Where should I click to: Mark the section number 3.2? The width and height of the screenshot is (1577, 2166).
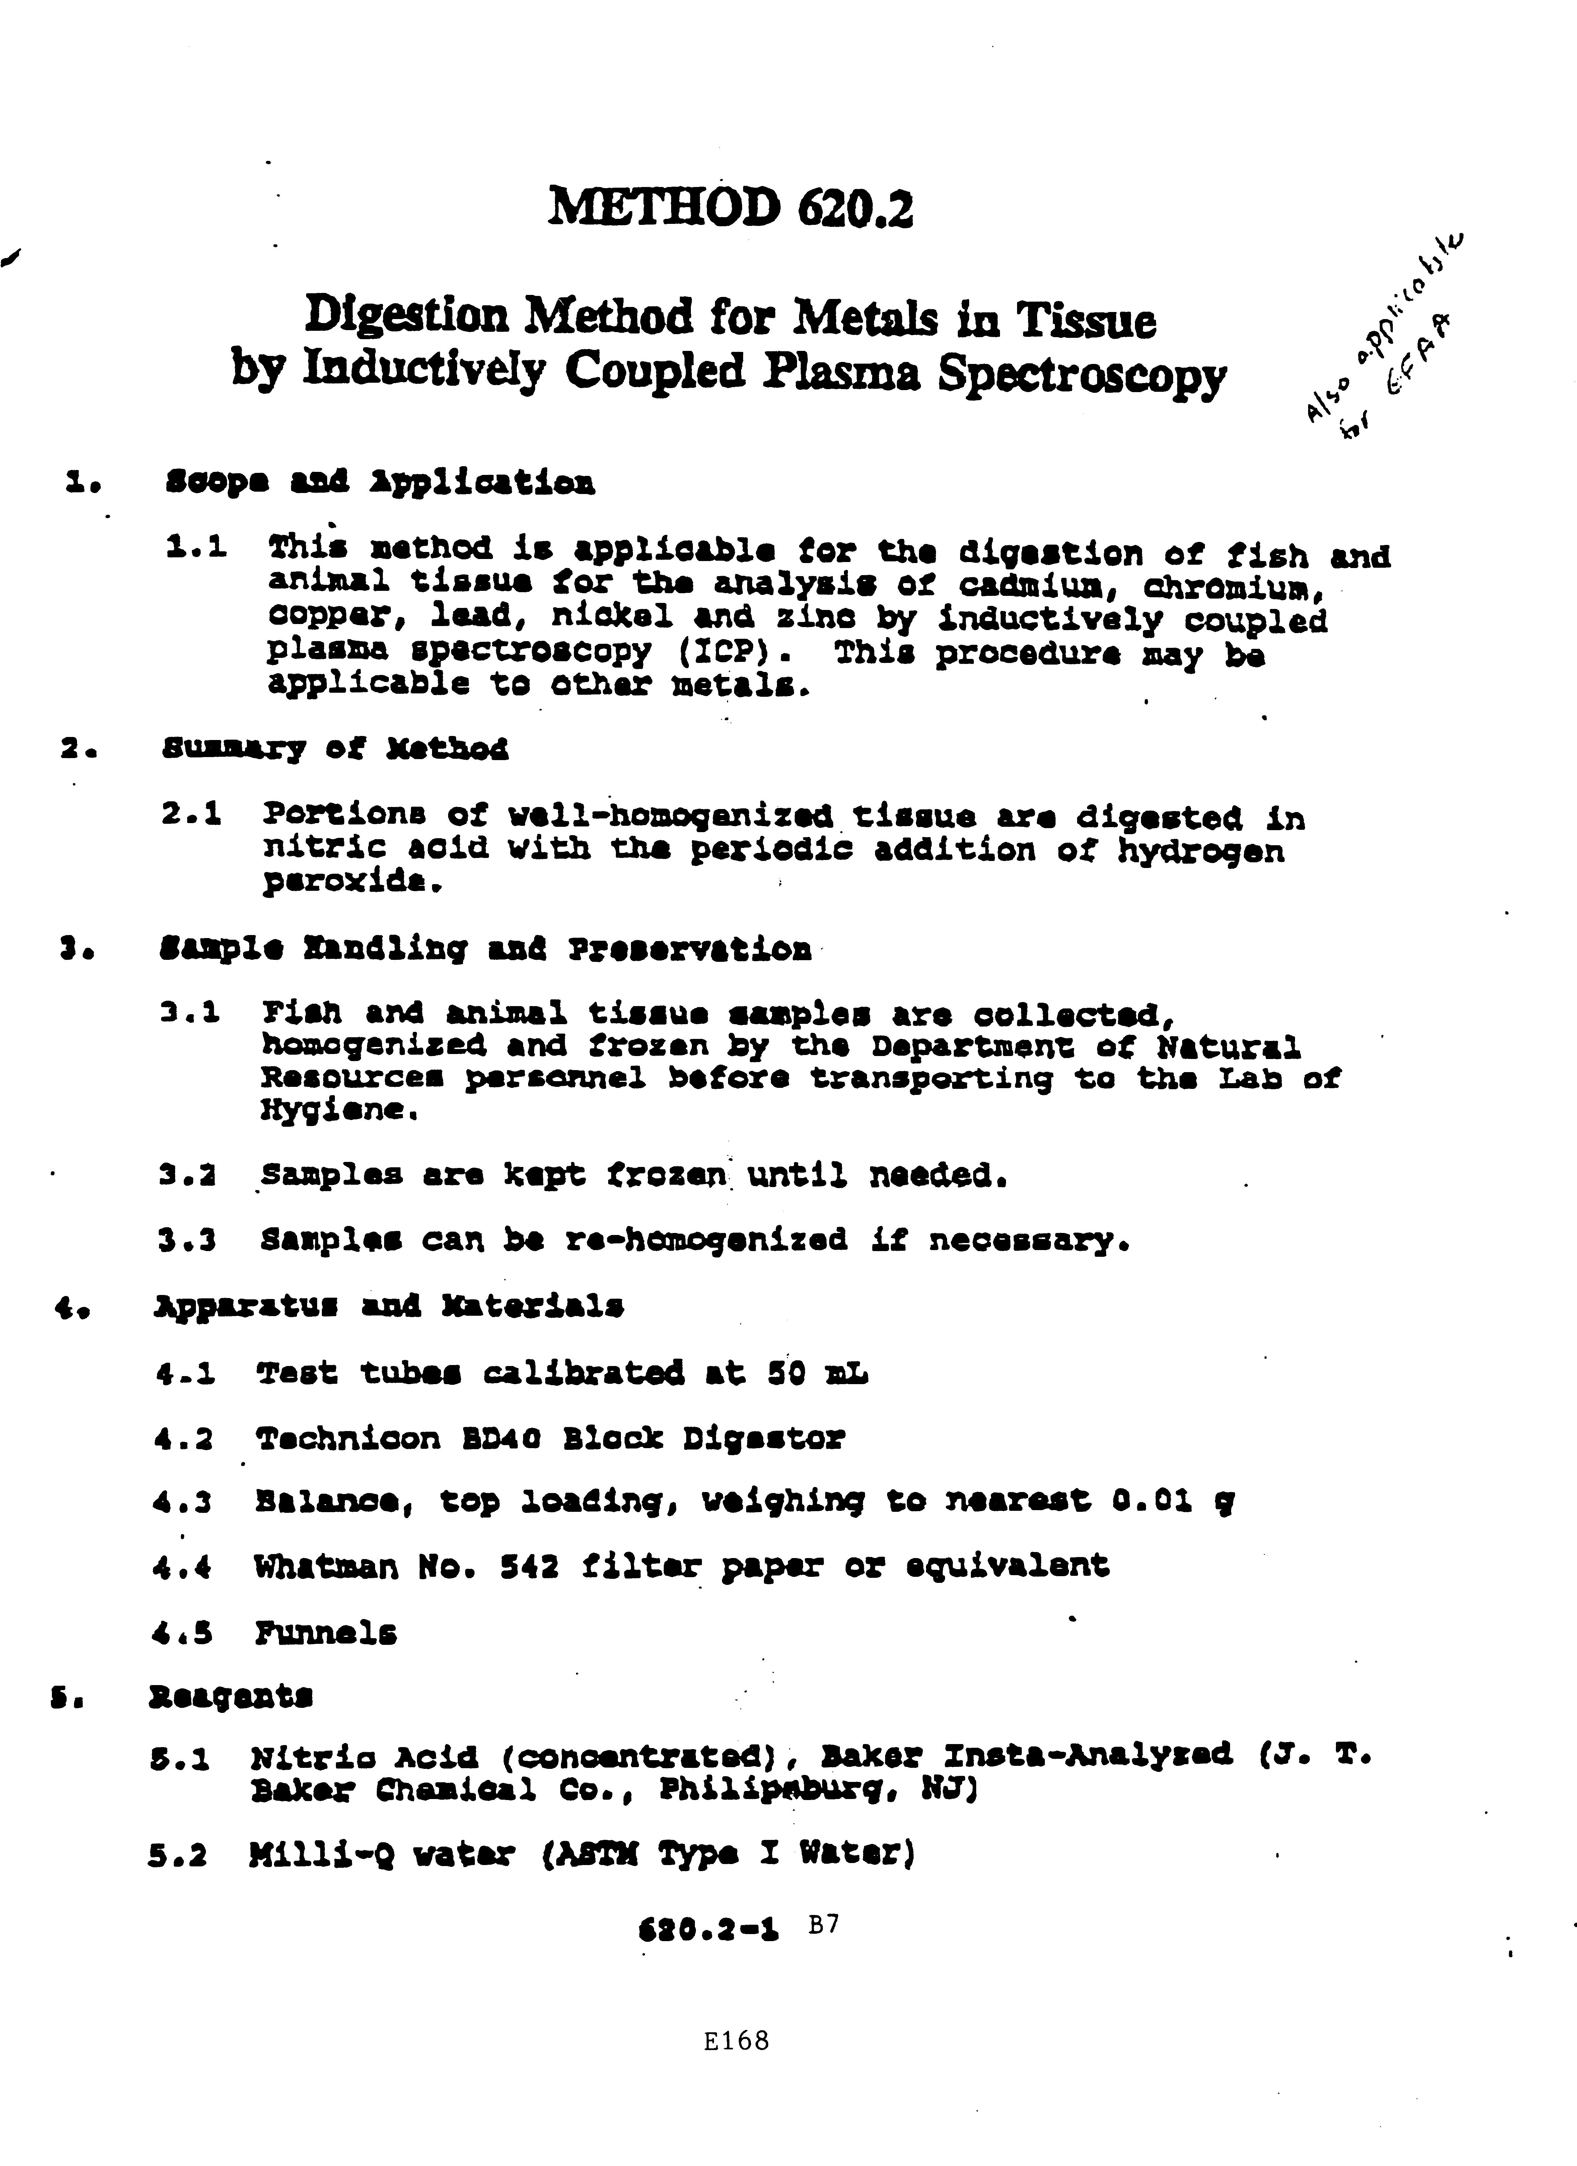click(187, 1175)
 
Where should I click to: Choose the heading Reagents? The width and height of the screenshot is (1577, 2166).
click(231, 1696)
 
